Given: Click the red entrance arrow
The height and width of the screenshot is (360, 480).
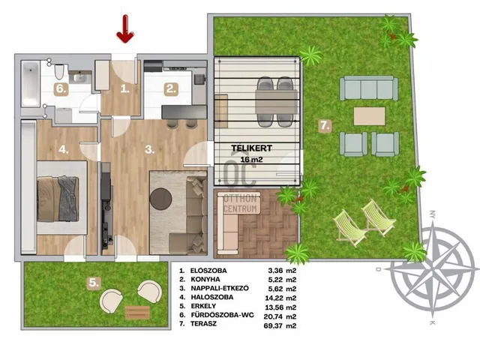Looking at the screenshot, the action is [x=125, y=28].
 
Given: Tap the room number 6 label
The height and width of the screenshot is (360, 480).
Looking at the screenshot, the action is [x=61, y=89].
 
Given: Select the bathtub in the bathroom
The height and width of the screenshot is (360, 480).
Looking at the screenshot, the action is [x=30, y=84].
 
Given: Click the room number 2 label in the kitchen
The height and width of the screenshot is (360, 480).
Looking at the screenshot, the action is [x=171, y=89].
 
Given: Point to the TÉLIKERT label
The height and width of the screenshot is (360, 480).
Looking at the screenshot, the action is [x=252, y=148].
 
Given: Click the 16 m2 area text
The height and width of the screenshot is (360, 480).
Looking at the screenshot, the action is [x=252, y=160].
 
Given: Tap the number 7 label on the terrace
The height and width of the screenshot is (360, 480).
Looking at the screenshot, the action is [x=325, y=125].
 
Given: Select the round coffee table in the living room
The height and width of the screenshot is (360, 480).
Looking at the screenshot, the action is [x=160, y=199].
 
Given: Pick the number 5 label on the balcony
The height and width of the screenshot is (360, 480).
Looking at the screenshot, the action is [x=94, y=283].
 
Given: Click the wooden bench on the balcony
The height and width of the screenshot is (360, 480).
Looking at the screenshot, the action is [x=137, y=313].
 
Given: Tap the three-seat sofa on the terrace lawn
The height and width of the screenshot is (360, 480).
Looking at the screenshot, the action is [x=368, y=88].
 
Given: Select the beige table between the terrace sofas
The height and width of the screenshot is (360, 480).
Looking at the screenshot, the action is [x=370, y=116].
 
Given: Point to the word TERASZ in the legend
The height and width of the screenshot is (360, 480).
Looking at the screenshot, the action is [x=203, y=323].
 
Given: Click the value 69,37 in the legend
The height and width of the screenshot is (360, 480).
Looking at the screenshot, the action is [x=273, y=325].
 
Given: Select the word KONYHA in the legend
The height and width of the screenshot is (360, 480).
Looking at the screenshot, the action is [x=205, y=279].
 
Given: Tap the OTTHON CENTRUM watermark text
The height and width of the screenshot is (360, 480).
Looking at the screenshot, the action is [x=240, y=203].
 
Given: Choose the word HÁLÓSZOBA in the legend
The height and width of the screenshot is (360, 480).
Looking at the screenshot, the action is [x=212, y=297].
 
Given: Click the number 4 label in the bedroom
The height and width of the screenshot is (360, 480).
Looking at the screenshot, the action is [x=64, y=150].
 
